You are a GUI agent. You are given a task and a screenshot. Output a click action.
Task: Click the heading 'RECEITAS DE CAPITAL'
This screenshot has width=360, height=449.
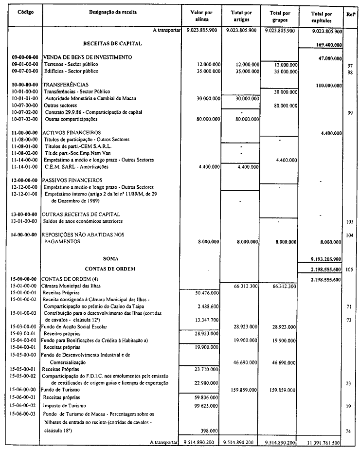[x=112, y=43]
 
